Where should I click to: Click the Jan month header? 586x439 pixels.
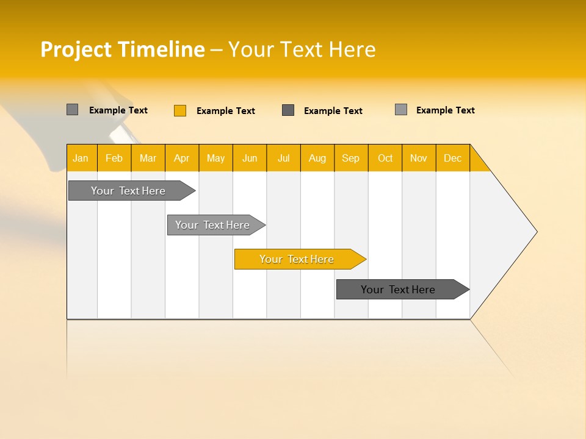click(x=81, y=158)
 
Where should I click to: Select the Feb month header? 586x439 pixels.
click(x=114, y=158)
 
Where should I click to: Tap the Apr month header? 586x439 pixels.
click(x=181, y=158)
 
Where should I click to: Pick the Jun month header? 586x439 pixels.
click(x=250, y=158)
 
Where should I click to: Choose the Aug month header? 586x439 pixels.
click(x=317, y=158)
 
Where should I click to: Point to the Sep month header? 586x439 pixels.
click(x=350, y=158)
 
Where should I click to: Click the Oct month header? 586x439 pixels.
click(x=385, y=158)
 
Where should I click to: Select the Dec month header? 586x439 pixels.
click(x=452, y=158)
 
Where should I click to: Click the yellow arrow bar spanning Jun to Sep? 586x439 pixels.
click(x=297, y=259)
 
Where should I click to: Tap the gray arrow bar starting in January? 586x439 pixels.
click(x=128, y=191)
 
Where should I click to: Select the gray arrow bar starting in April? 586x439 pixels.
click(x=212, y=225)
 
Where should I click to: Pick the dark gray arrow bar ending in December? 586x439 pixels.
click(x=398, y=290)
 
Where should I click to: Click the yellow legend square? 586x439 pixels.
click(x=180, y=110)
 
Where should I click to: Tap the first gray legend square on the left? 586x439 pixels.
click(x=72, y=110)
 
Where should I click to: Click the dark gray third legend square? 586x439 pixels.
click(x=288, y=110)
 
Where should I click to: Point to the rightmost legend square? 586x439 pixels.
click(x=401, y=110)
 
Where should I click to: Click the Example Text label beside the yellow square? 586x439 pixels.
click(x=226, y=111)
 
